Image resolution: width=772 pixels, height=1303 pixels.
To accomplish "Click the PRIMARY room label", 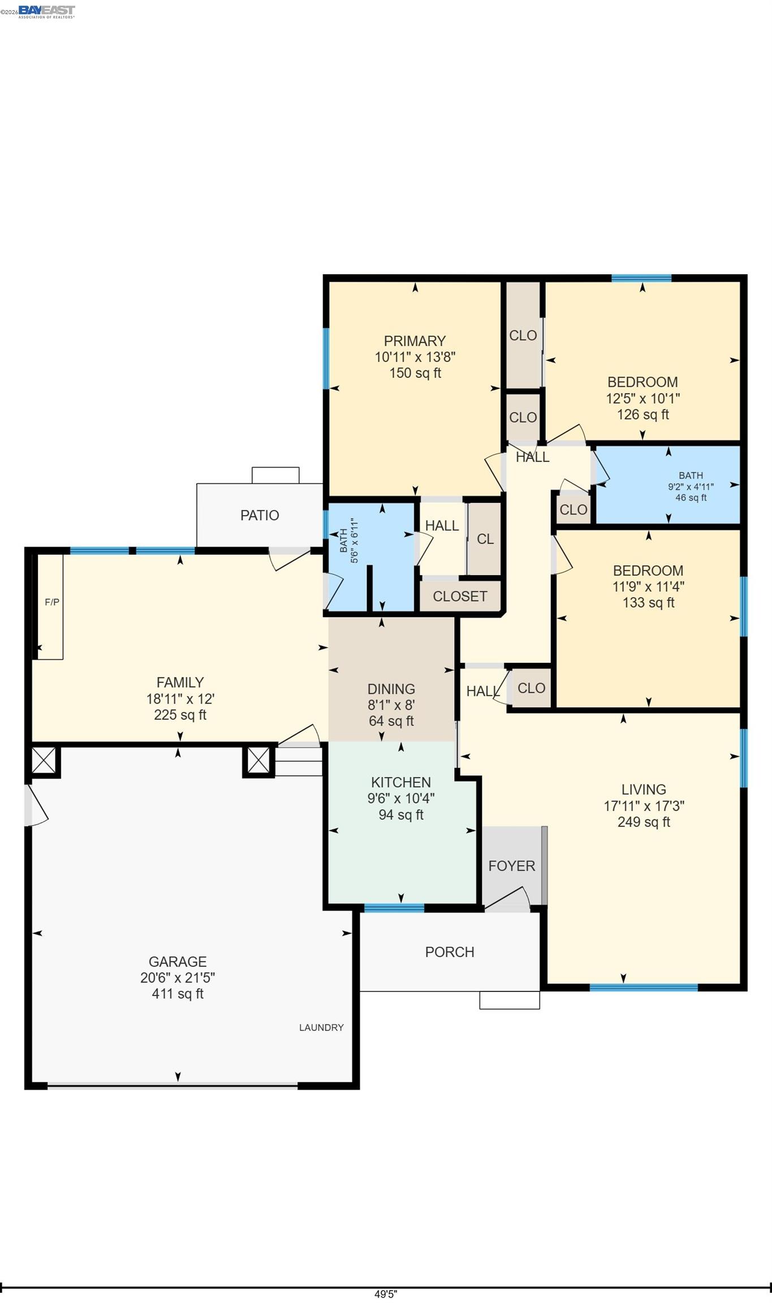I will pos(415,341).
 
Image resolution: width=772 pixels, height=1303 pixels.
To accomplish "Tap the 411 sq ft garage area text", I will pos(178,994).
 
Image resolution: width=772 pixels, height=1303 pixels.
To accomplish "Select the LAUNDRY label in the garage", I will pos(321,1028).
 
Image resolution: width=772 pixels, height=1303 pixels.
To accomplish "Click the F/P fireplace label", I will pos(52,602).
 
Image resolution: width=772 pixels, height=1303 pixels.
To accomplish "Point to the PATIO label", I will pos(260,515).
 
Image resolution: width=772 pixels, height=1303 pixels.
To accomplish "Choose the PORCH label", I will pos(450,952).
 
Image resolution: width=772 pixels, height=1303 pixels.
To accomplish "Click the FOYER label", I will pos(511,866).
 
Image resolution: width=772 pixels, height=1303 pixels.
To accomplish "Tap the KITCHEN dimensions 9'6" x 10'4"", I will pos(401,799).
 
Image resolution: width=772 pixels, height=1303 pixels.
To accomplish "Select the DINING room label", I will pos(391,689).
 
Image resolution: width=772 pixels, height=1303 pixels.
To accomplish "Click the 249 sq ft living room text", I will pos(644,822).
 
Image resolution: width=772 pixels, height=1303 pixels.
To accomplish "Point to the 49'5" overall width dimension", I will pos(386,1294).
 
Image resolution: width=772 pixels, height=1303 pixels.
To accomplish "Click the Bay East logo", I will pos(46,11).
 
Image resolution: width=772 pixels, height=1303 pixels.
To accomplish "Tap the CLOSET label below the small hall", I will pos(460,596).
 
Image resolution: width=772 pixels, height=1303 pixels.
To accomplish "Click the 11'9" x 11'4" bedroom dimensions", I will pos(648,586).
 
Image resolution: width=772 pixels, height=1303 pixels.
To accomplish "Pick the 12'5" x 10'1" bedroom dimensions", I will pos(642,398).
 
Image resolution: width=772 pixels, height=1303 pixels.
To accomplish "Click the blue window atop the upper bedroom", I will pos(641,278).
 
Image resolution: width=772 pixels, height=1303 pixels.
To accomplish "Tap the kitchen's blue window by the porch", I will pos(394,908).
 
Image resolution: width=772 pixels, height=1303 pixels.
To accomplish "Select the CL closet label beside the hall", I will pos(485,539).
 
